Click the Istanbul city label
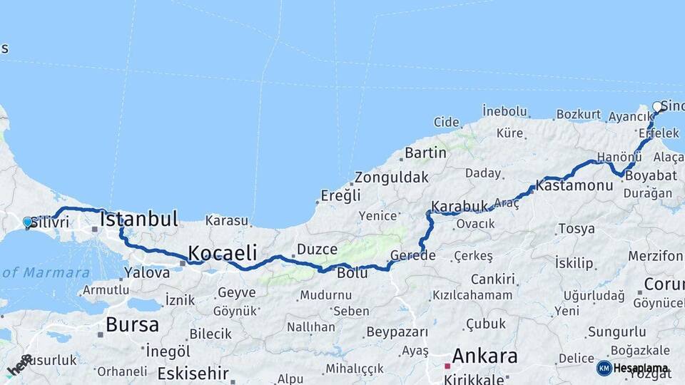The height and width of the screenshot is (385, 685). pos(138,219)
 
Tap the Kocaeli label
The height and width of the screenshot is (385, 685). pos(222,252)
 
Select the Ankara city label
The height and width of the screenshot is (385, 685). pos(484,355)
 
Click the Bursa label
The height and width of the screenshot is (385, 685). pos(132,324)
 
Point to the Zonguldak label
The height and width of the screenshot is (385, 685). pos(392,177)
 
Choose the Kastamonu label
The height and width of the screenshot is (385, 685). pos(574,185)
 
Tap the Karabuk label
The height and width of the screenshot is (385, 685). pos(459,206)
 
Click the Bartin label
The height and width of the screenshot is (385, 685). pos(425,153)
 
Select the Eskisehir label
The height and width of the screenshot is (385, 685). pos(193,373)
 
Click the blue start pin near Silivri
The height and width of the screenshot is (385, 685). pos(28,222)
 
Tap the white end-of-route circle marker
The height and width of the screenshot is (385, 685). pos(657,107)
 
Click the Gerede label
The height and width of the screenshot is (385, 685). pos(413,256)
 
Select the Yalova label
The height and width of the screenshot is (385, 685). pos(147,272)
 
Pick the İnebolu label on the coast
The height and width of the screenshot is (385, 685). pos(504,111)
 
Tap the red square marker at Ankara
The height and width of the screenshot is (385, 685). pos(447,366)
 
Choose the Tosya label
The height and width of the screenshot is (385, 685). pos(577,229)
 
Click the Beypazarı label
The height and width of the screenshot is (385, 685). pos(397,332)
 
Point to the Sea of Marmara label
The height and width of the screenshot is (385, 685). pos(46,272)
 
